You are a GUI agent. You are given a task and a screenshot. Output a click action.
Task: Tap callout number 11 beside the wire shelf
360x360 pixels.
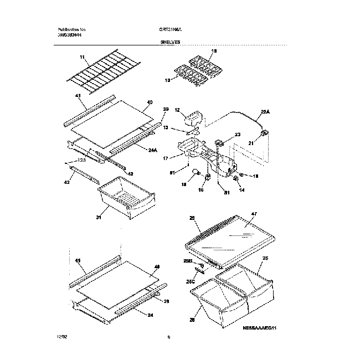pos(81,57)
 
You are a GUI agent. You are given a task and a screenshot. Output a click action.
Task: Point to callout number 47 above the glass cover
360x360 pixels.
pos(254,213)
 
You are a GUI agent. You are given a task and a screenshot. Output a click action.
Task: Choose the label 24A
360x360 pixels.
pos(153,150)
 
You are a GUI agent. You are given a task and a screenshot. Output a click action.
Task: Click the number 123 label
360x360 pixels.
pos(82,160)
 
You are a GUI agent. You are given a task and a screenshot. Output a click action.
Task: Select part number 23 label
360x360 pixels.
pos(238,135)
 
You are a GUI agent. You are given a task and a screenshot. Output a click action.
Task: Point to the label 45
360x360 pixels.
pos(78,260)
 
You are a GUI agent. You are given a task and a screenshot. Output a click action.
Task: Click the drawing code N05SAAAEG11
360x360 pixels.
pos(259,328)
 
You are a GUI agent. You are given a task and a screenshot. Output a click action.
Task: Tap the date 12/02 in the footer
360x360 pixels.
pos(61,336)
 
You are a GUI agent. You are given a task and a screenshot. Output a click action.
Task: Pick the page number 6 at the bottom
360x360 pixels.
pos(168,336)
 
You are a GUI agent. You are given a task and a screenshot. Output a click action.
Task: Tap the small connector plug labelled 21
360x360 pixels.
pos(265,133)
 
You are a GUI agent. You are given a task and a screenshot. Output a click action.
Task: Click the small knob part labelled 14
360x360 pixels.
pos(236,178)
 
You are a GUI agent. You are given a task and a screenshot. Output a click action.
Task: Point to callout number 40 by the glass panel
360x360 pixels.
pos(150,102)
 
